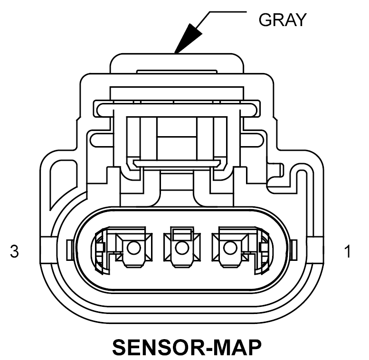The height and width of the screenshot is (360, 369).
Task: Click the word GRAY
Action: [x=282, y=19]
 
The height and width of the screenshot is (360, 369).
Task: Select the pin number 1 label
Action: [x=348, y=251]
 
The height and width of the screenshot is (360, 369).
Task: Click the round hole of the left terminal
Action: [x=134, y=248]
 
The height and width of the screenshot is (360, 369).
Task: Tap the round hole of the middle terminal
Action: [x=180, y=248]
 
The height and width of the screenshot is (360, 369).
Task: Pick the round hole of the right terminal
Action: [x=230, y=248]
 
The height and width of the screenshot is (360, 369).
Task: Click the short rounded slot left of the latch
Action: [x=100, y=139]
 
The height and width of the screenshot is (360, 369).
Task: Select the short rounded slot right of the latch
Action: [x=254, y=139]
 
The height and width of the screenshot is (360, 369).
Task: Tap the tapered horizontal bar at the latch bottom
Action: [x=177, y=163]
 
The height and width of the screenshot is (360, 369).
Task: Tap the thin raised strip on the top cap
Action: [x=177, y=72]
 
